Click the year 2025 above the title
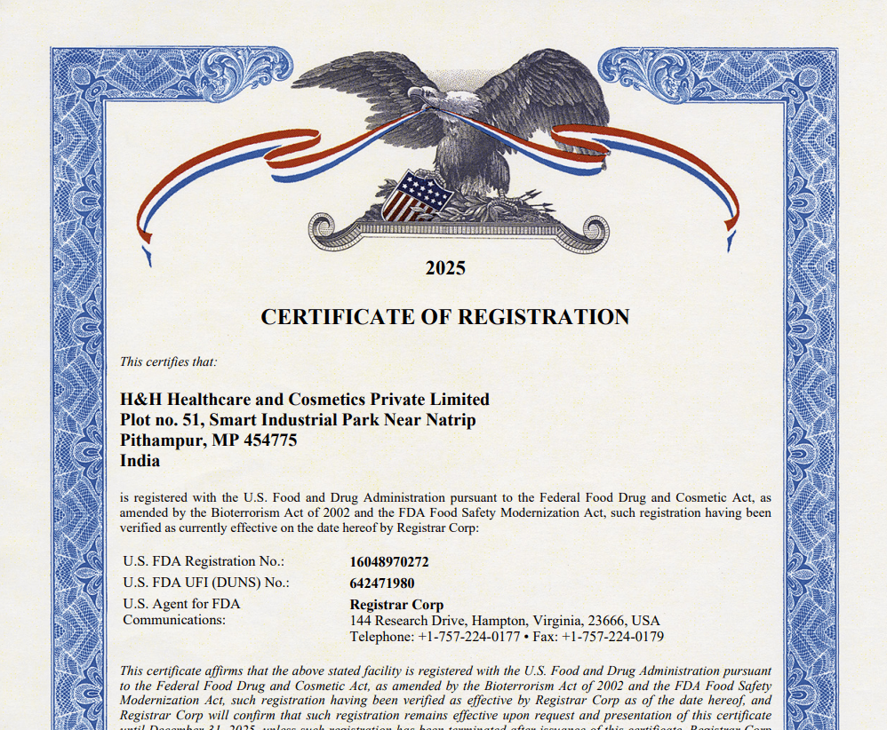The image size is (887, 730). (x=445, y=268)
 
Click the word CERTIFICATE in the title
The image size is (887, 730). (x=337, y=317)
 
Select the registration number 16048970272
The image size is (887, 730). (x=389, y=562)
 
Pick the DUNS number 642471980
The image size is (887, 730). (x=382, y=583)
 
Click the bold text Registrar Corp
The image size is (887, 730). (x=396, y=605)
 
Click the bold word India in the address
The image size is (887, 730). (x=140, y=461)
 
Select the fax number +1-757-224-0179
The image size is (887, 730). (x=612, y=637)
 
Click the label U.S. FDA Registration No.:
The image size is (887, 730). (x=204, y=561)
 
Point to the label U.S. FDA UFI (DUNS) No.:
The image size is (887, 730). (x=206, y=583)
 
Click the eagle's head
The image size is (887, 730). (x=421, y=94)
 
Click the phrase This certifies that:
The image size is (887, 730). (x=169, y=361)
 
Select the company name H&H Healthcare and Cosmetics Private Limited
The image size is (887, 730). (x=304, y=399)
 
